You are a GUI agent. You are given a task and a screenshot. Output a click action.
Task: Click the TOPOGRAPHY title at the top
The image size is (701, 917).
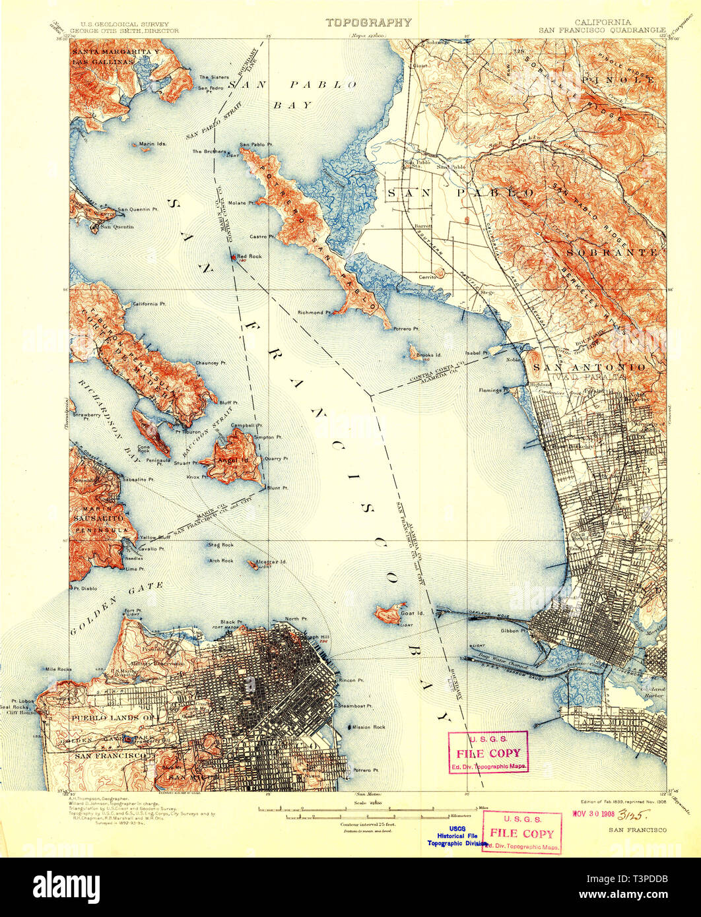coord(369,22)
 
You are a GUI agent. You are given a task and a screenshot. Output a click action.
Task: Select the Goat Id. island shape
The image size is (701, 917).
coord(388,615)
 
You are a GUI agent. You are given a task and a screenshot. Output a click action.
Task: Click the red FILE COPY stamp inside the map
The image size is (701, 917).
coord(488,753)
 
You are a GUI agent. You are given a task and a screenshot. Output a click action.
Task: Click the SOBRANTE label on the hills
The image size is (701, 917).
coord(611,252)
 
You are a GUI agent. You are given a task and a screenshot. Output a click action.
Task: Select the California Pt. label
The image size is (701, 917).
coord(149,303)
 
